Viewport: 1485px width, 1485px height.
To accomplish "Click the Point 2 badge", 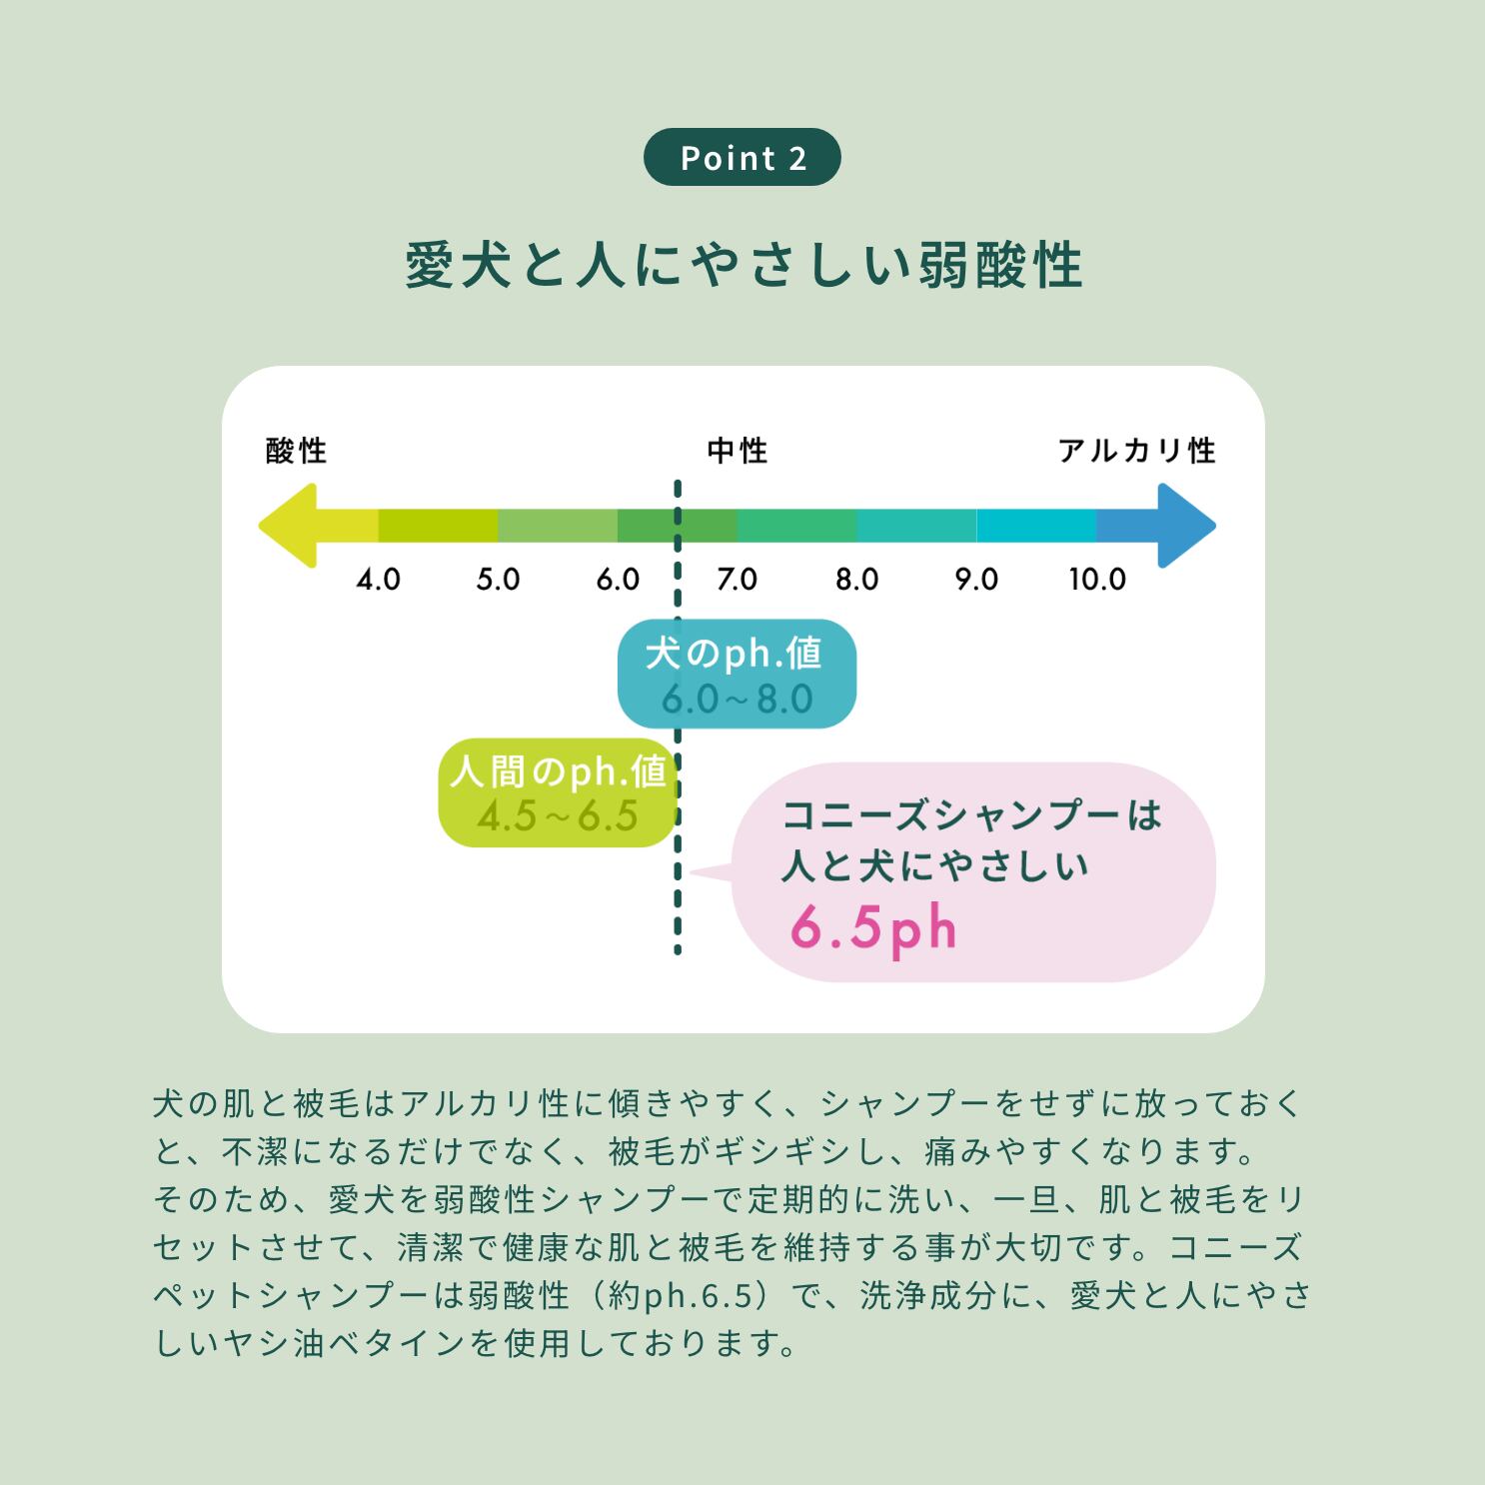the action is (x=742, y=157).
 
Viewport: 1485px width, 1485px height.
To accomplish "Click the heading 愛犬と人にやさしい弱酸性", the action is (x=743, y=266).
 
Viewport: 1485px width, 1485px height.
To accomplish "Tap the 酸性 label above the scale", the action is (x=296, y=451).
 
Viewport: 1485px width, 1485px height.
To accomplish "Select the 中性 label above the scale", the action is (x=738, y=451).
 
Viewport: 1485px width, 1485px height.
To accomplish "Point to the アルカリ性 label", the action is (x=1136, y=451).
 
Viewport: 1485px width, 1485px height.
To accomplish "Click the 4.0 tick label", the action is (x=379, y=580).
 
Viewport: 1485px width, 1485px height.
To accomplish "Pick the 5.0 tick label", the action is (x=498, y=580).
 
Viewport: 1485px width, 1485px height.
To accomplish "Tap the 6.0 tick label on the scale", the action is (x=618, y=580).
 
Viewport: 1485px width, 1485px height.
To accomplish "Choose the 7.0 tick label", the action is (x=738, y=580).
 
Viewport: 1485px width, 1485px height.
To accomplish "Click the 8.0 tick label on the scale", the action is (x=857, y=580).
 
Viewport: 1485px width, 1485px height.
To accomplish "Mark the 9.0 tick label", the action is (x=976, y=580).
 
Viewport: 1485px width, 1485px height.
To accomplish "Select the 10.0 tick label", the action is (x=1097, y=580).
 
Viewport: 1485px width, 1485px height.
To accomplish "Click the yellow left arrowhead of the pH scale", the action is (x=289, y=526).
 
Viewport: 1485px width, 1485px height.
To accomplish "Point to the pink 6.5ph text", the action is (x=873, y=928).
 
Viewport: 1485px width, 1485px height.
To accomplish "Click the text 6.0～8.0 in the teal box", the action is (x=737, y=700).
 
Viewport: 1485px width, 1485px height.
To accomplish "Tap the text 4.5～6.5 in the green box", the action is (x=557, y=816).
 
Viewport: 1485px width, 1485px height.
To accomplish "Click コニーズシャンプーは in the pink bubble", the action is (x=971, y=815).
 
